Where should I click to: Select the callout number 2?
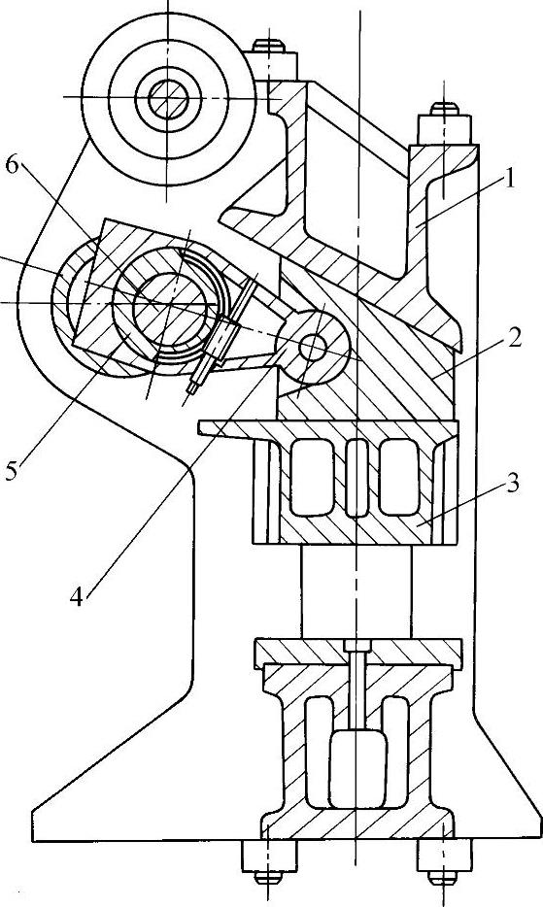pos(512,337)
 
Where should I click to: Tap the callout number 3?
pos(511,483)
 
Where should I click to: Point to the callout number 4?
pos(77,596)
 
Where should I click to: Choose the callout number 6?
pos(13,165)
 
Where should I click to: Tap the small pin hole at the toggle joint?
pos(313,347)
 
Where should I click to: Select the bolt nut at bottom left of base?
pos(269,857)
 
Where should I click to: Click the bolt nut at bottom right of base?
pos(443,857)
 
